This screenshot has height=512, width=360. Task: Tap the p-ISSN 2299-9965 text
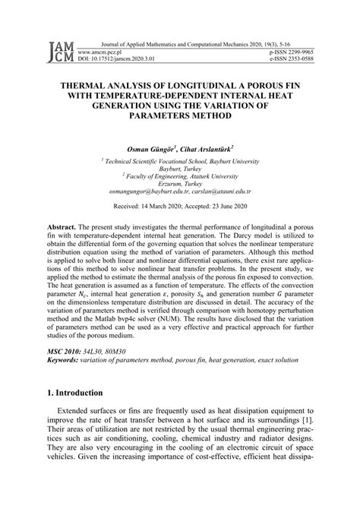tap(291, 50)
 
